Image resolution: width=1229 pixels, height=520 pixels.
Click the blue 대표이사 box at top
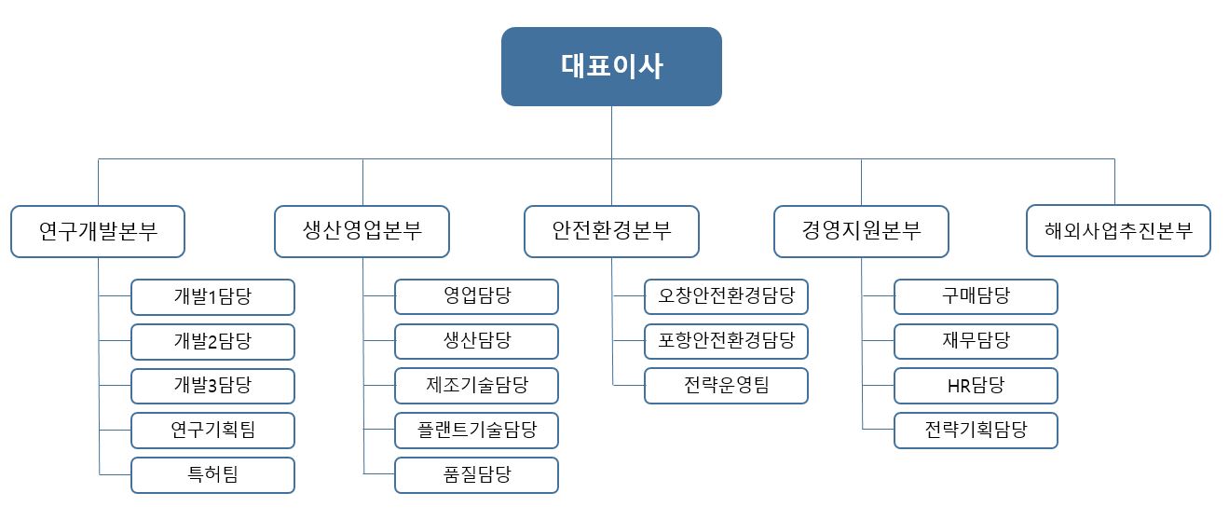[611, 66]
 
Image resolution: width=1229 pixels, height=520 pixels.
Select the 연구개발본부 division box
[98, 231]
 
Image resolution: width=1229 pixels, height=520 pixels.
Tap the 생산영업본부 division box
[362, 231]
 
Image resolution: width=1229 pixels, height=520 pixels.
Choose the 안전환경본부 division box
[611, 231]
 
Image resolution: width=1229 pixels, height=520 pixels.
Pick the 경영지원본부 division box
[861, 231]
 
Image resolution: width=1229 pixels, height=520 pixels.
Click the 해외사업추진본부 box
[1118, 231]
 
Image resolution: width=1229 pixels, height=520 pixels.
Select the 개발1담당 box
[212, 297]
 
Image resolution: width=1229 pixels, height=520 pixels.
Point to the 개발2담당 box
[212, 342]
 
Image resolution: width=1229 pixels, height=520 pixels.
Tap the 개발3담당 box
[212, 386]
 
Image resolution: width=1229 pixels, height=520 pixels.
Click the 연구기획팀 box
[212, 431]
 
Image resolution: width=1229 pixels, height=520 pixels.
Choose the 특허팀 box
[212, 475]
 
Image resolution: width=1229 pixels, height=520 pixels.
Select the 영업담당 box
[476, 297]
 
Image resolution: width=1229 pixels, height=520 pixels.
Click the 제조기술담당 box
[476, 386]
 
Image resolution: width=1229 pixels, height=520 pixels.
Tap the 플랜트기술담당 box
[476, 431]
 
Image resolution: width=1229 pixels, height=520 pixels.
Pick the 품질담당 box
[476, 475]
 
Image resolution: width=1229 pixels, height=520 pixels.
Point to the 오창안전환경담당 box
[726, 297]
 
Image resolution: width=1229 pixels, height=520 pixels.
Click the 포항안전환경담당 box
[726, 342]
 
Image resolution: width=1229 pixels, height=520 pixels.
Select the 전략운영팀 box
[726, 386]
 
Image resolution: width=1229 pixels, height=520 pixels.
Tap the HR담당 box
[976, 386]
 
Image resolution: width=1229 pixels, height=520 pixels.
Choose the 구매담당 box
[976, 297]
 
